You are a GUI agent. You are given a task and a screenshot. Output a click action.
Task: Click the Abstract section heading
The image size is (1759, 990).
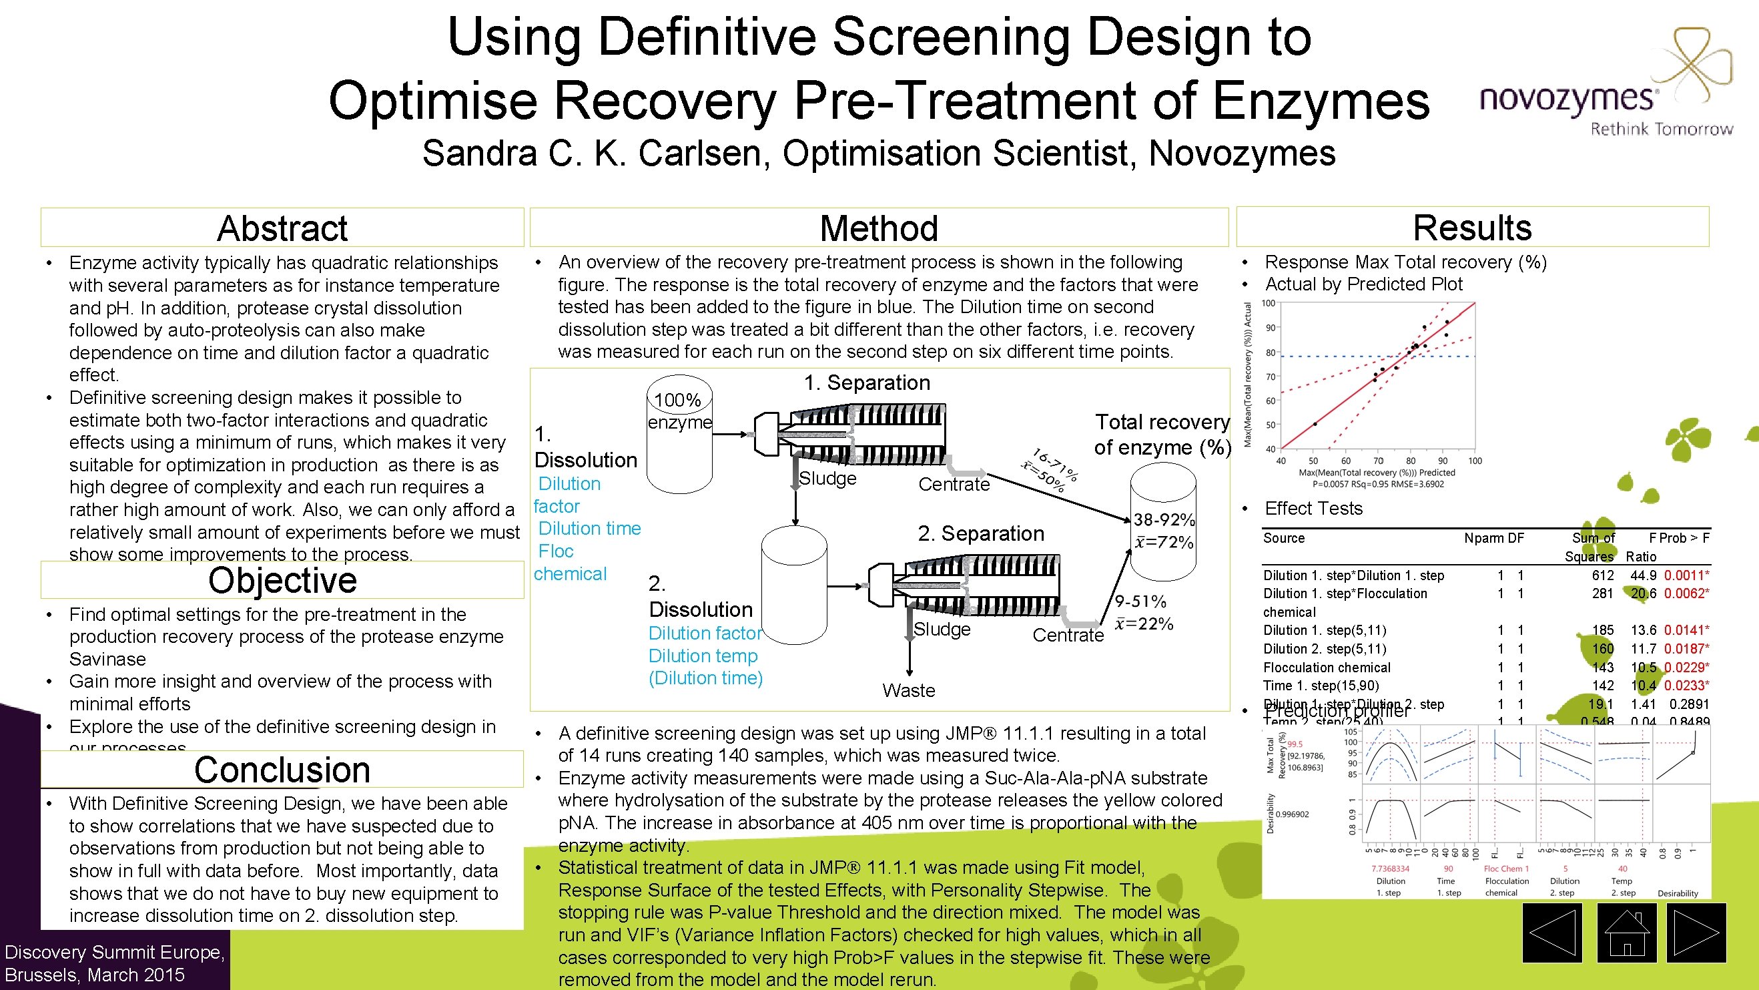pyautogui.click(x=282, y=228)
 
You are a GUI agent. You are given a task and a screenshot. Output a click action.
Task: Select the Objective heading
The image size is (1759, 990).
pyautogui.click(x=282, y=581)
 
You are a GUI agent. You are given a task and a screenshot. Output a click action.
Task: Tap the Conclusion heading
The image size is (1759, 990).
pyautogui.click(x=282, y=770)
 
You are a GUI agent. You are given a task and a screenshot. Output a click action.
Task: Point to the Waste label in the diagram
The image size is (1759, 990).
pyautogui.click(x=908, y=690)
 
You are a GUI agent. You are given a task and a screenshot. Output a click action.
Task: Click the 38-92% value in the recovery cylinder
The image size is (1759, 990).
pyautogui.click(x=1164, y=520)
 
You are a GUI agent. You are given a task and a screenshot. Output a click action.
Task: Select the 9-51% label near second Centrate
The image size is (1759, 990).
pyautogui.click(x=1140, y=601)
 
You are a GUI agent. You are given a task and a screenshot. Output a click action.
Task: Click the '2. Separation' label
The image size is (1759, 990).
pyautogui.click(x=980, y=533)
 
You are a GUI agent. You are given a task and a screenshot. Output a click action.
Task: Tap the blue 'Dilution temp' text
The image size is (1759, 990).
pyautogui.click(x=703, y=656)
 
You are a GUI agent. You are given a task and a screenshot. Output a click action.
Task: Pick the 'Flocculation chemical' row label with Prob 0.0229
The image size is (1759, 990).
pyautogui.click(x=1326, y=668)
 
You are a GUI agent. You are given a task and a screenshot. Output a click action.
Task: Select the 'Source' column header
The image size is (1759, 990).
pyautogui.click(x=1284, y=538)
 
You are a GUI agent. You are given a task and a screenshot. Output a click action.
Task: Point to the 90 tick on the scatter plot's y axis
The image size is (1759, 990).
pyautogui.click(x=1270, y=328)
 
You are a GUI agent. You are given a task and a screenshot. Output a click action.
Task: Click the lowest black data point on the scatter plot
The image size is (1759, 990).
pyautogui.click(x=1315, y=424)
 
